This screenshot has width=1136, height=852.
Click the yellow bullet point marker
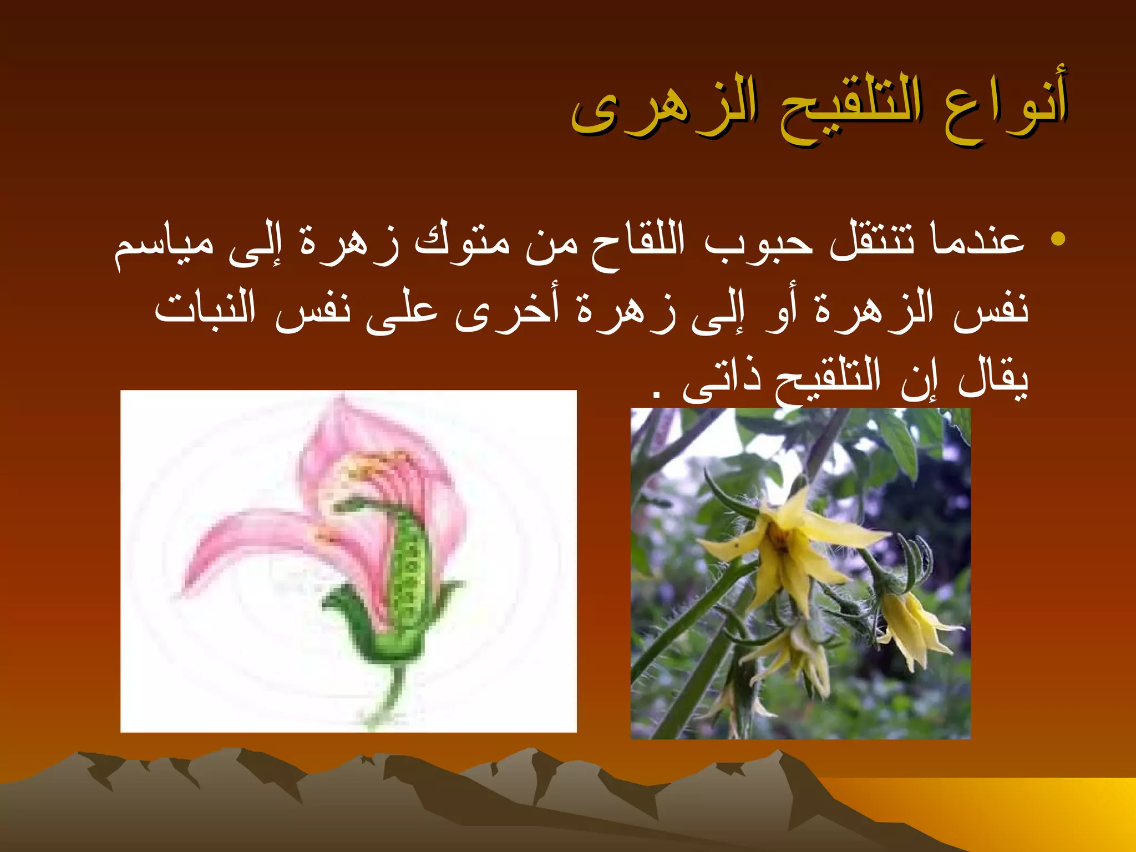point(1058,239)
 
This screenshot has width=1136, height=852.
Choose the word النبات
point(205,308)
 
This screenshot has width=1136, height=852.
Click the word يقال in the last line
point(993,377)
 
